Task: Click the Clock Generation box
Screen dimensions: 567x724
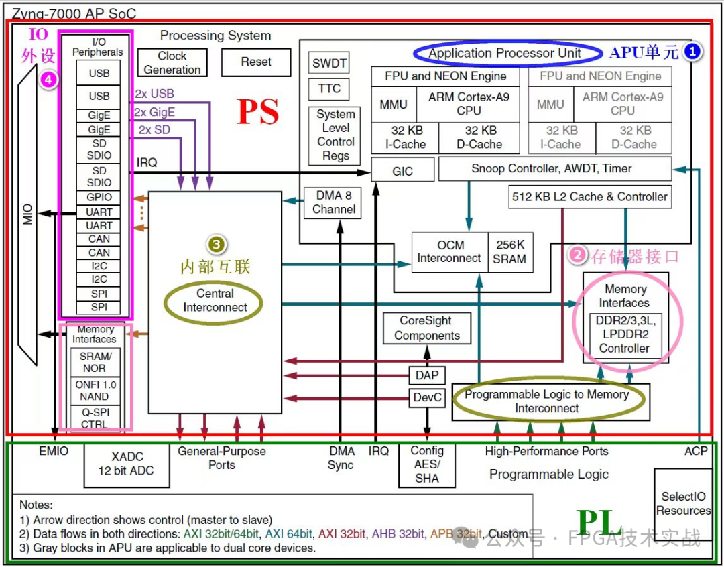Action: tap(172, 62)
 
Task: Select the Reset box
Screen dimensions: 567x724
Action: tap(256, 62)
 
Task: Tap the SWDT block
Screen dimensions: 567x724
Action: tap(329, 64)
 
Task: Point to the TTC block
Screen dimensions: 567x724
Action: tap(329, 88)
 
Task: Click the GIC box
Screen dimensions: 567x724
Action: tap(402, 171)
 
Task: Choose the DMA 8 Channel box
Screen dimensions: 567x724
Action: tap(333, 202)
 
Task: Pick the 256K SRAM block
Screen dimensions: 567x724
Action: tap(510, 252)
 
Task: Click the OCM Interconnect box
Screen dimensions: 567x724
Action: tap(449, 252)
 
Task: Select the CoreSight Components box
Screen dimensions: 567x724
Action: tap(426, 328)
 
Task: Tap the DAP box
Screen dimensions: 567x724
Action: tap(426, 375)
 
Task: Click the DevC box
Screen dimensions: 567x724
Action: tap(427, 398)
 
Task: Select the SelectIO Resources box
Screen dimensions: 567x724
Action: tap(683, 503)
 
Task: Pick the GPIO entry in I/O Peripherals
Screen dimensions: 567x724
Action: tap(99, 198)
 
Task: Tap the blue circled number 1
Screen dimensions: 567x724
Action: tap(692, 51)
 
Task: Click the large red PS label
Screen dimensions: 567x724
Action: tap(258, 111)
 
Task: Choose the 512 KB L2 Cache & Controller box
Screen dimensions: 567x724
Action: tap(589, 197)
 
